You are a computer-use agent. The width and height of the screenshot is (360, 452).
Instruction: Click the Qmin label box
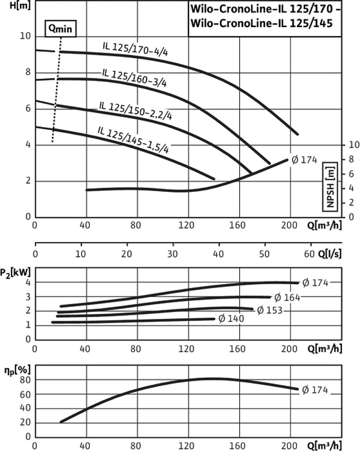(61, 29)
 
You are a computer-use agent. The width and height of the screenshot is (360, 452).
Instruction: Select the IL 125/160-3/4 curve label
(134, 77)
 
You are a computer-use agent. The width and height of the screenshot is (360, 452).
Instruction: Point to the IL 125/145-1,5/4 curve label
(133, 139)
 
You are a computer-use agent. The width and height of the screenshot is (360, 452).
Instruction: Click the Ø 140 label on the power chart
(230, 318)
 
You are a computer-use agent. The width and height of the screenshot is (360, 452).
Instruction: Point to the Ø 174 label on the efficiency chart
(315, 390)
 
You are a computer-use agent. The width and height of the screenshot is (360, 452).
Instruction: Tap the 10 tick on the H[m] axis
(25, 36)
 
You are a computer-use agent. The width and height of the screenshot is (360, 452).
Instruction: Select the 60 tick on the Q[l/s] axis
(310, 254)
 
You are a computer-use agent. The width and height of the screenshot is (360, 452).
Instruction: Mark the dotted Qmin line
(57, 92)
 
